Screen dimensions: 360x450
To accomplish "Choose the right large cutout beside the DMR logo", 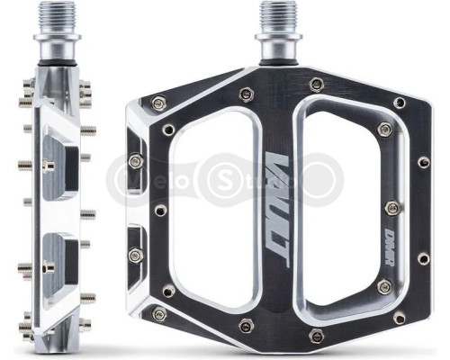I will [344, 200].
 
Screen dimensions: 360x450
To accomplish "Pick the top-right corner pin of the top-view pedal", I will [400, 103].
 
